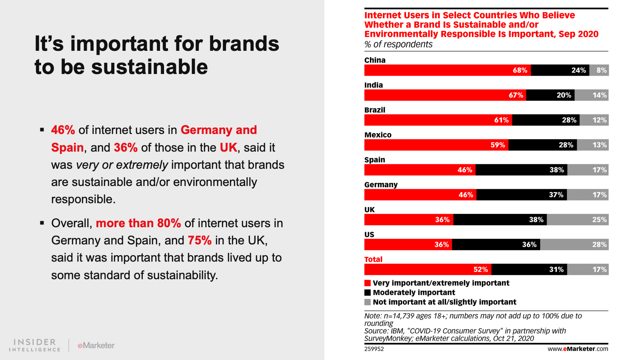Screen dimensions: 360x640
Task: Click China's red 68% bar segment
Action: [x=447, y=70]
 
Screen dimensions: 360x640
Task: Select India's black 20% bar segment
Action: [x=550, y=95]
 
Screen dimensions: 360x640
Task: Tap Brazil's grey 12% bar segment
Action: [x=594, y=120]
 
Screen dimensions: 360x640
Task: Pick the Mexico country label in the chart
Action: [x=378, y=135]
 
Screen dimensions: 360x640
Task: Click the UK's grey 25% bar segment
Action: [x=578, y=220]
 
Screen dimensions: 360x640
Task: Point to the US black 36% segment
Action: [x=496, y=244]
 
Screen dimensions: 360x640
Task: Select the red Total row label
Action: [x=373, y=259]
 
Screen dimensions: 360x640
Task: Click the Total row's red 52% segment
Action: [x=428, y=269]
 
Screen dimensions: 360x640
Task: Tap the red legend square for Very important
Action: [x=368, y=283]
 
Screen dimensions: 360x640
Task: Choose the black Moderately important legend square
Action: [x=368, y=293]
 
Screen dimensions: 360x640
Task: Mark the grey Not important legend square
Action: [x=368, y=302]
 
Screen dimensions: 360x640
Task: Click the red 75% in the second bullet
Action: [x=199, y=240]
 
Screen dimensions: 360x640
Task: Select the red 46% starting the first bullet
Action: [x=63, y=130]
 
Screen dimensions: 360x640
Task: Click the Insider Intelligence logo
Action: [x=35, y=345]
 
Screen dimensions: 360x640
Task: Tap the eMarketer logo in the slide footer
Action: [x=96, y=345]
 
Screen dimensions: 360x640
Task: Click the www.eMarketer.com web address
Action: [x=578, y=349]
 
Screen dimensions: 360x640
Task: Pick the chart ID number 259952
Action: [x=374, y=349]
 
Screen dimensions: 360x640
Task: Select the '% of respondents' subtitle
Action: [x=398, y=44]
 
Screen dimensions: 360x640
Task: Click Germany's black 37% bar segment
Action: [x=522, y=195]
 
